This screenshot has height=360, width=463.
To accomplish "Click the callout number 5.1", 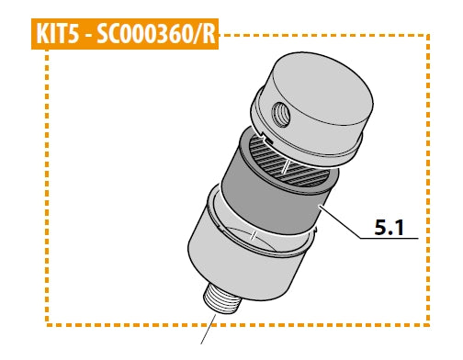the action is [390, 228].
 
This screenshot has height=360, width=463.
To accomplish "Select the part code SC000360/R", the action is [156, 34].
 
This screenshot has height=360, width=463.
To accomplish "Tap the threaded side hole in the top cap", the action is [281, 115].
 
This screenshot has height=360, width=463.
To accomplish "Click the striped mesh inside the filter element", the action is [289, 163].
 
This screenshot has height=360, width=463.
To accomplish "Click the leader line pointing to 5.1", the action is [340, 222].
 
